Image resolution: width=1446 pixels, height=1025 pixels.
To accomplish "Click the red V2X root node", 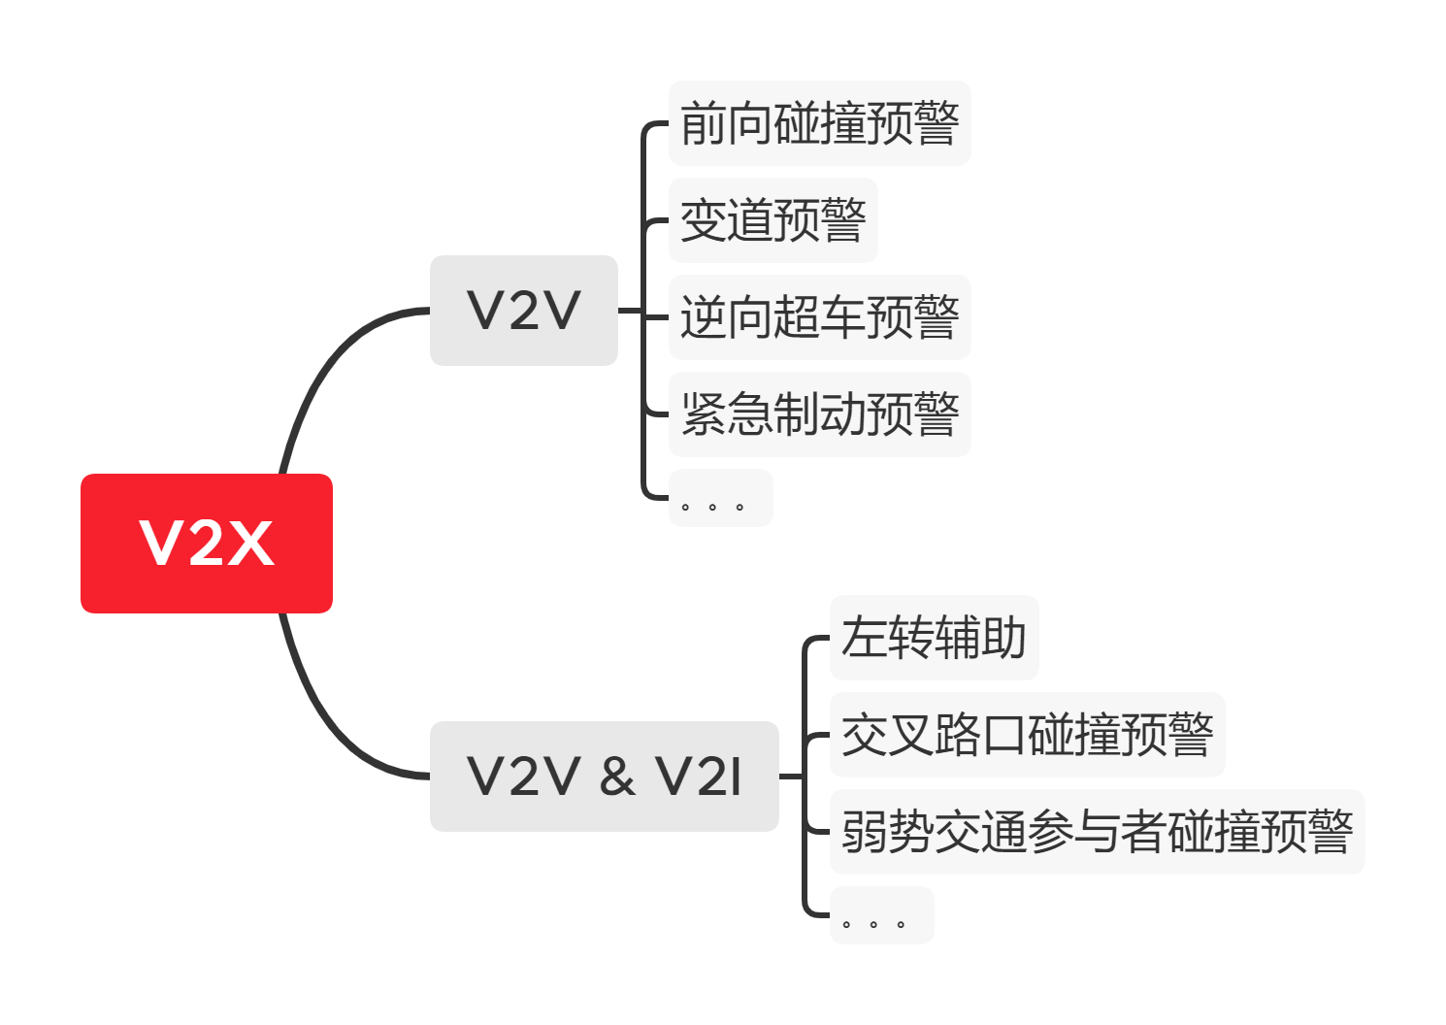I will pos(206,543).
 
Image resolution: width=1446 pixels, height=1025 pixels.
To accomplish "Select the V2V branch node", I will pos(523,311).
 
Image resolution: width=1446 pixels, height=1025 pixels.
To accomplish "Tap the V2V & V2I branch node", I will pos(604,777).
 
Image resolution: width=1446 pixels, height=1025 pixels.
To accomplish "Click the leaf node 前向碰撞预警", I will pos(819,123).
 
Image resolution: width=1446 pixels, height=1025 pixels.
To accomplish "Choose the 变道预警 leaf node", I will pos(772,220).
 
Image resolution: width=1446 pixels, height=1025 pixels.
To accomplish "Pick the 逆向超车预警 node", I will pos(819,317).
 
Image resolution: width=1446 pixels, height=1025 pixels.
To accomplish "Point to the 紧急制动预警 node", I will pos(819,414).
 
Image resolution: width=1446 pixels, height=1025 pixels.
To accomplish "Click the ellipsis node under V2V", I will pos(720,499).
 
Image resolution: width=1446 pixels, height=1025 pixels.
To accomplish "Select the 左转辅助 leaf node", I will pos(934,638).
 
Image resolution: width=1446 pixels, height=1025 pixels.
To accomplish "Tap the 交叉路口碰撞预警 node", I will pos(1027,735).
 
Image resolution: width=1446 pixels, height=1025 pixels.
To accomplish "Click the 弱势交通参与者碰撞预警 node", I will pos(1097,832).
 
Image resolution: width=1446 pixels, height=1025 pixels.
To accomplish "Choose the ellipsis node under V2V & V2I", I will pos(881,915).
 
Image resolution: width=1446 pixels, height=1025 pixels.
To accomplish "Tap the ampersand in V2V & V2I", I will pos(617,777).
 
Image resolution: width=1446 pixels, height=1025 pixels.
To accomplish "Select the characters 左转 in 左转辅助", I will pos(887,638).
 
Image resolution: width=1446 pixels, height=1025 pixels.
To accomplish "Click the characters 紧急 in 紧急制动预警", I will pos(726,414).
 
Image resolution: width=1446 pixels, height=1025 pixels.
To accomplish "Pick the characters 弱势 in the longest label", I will pos(887,832).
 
